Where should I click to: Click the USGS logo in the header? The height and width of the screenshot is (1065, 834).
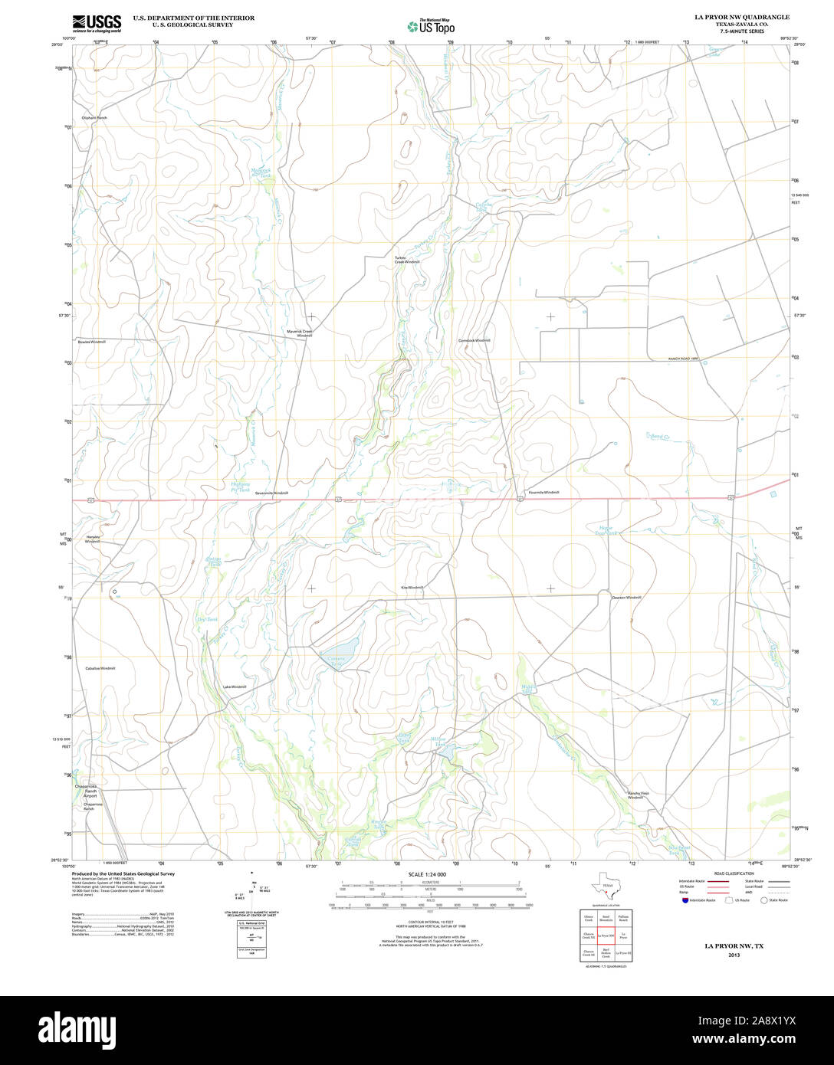[97, 23]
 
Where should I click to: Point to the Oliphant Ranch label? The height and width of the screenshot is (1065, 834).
[94, 118]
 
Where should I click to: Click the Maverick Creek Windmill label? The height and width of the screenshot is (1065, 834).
[300, 333]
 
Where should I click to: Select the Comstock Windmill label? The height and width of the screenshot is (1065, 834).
[474, 340]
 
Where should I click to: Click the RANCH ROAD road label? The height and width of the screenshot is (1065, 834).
[684, 358]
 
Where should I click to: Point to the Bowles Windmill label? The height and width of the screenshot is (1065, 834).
[91, 342]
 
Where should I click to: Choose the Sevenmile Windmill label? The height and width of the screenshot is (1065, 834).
[271, 493]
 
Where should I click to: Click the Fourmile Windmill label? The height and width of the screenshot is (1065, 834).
[544, 492]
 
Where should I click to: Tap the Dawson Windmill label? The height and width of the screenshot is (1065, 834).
[626, 597]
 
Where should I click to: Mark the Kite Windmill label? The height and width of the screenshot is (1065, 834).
[412, 587]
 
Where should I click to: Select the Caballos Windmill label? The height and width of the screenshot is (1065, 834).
[100, 668]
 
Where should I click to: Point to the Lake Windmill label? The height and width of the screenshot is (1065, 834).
[235, 687]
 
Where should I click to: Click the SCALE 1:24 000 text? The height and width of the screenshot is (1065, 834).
[427, 874]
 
